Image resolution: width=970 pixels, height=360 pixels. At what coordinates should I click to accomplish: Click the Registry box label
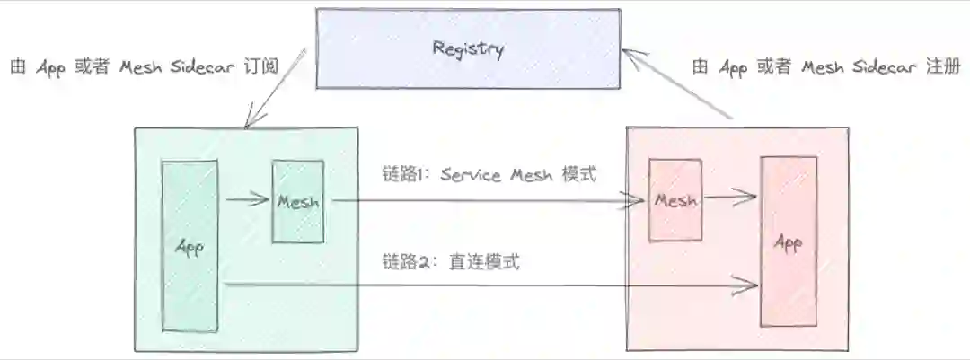(x=467, y=48)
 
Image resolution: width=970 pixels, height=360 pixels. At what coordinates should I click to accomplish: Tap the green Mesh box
(x=298, y=201)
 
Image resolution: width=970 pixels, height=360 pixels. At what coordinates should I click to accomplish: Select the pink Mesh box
(x=675, y=200)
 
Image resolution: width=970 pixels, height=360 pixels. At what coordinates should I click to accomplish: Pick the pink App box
(x=788, y=241)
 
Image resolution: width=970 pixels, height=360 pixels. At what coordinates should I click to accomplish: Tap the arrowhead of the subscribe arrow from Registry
(x=251, y=119)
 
